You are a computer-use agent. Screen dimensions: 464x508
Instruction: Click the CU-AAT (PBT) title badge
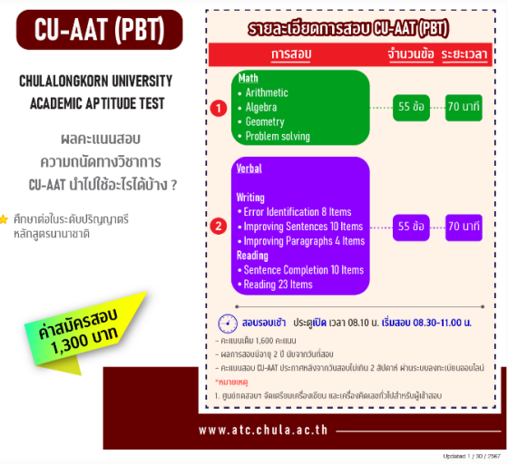click(100, 29)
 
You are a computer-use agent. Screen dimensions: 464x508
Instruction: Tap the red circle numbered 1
click(218, 108)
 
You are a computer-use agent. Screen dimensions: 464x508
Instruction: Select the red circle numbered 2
click(218, 227)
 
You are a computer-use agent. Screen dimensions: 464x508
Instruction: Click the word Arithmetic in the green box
click(267, 92)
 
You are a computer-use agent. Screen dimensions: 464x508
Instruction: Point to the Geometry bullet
click(264, 121)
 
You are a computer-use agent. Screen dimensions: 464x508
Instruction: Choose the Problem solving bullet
click(277, 137)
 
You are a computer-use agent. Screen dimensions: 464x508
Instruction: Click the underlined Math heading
click(248, 78)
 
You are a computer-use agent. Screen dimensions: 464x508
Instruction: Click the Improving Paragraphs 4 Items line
click(304, 241)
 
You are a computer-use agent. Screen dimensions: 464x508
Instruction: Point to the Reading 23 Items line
click(278, 285)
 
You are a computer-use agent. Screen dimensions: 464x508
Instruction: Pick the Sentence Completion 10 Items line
click(303, 270)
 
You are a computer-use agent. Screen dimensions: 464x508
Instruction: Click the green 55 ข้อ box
click(411, 107)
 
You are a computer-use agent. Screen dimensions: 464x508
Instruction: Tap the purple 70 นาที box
click(464, 226)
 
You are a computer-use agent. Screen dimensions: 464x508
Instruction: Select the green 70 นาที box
click(464, 107)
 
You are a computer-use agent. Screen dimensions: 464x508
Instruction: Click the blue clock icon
click(228, 324)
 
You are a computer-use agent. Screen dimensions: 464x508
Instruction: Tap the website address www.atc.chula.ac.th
click(263, 430)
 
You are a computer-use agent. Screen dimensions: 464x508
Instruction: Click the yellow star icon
click(5, 219)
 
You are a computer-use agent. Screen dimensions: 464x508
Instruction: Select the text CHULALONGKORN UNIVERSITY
click(92, 82)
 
